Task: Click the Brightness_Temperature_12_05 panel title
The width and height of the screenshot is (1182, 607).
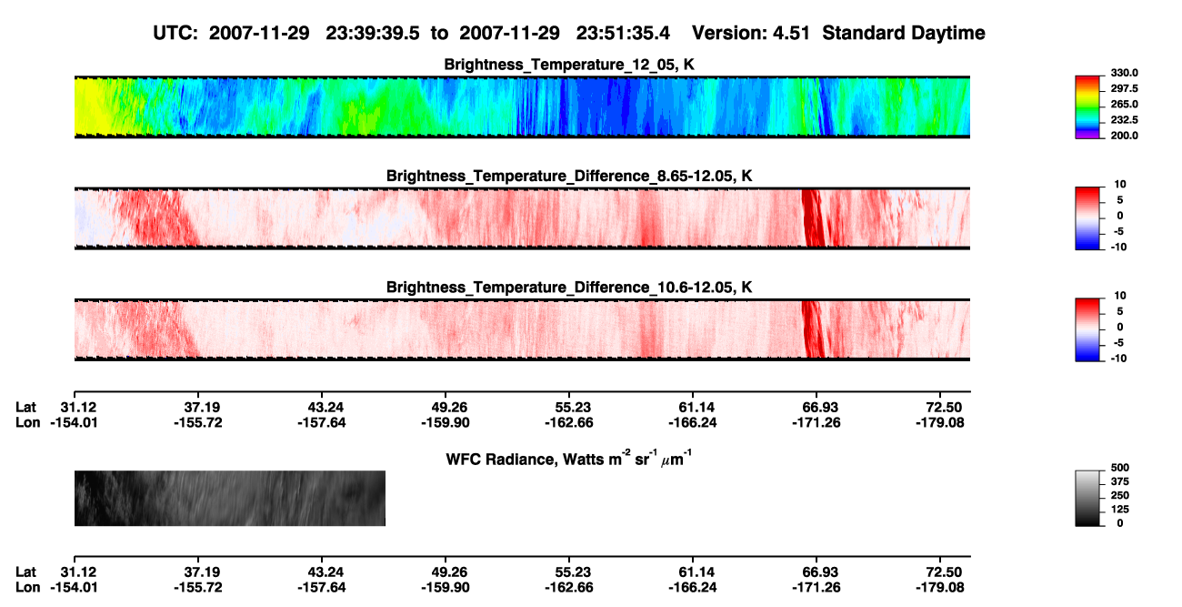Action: [569, 65]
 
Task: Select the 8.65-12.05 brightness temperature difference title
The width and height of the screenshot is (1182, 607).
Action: [569, 176]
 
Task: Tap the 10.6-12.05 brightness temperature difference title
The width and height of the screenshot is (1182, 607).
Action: [569, 288]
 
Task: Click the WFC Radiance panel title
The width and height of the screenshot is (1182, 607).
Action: [569, 458]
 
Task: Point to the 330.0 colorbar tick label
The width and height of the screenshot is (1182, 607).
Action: [1124, 73]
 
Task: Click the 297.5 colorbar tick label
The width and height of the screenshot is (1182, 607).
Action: [1124, 88]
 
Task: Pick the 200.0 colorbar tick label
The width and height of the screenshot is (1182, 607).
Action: [1124, 136]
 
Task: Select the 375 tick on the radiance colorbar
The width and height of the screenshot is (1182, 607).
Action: [1120, 481]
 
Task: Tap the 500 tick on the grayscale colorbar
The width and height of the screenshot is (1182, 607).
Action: [1120, 468]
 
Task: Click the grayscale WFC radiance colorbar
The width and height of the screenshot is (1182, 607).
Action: [1087, 498]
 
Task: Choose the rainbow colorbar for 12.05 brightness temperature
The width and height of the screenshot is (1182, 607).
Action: [1087, 107]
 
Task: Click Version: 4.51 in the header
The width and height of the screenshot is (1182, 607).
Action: [750, 34]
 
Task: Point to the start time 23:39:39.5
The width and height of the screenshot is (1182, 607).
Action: [373, 34]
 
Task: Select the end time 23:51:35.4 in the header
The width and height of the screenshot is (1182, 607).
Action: [623, 34]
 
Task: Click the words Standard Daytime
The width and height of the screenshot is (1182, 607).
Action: [904, 34]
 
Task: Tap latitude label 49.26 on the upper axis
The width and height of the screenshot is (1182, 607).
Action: [446, 408]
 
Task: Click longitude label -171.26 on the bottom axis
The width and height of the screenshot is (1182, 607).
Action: [816, 588]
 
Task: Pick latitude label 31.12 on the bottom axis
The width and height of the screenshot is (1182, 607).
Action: [78, 572]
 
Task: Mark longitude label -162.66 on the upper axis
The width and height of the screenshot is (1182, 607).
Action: [569, 422]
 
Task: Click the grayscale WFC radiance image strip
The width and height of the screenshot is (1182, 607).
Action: [229, 498]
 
